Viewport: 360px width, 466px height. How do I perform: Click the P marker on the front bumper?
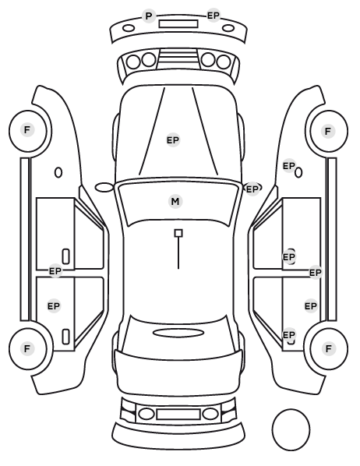point(149,16)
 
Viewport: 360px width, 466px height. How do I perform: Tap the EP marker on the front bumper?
point(214,16)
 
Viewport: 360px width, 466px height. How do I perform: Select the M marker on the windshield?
point(175,202)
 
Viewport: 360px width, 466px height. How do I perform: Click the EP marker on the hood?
point(173,140)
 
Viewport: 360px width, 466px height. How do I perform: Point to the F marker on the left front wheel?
point(27,130)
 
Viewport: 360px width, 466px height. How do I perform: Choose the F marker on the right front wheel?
point(328,131)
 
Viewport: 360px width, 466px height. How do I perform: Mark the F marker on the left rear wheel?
point(27,348)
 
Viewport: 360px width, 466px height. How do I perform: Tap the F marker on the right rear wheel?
point(329,348)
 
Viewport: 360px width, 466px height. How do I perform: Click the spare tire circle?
point(291,429)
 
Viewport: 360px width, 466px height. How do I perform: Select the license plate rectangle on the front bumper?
point(178,24)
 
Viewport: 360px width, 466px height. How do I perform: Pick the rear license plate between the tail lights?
point(178,414)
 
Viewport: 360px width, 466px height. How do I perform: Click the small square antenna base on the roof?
point(178,233)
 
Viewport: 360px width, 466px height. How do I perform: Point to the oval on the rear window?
point(178,333)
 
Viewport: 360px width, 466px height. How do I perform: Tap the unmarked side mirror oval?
point(104,188)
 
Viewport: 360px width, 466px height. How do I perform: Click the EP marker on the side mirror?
point(252,189)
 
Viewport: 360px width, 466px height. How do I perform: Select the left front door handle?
point(65,256)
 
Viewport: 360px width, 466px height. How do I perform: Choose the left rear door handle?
point(65,337)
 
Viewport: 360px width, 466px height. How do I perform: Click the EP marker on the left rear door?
point(54,305)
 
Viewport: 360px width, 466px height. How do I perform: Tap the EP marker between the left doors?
point(55,271)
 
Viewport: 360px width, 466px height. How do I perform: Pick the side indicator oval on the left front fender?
point(58,172)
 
